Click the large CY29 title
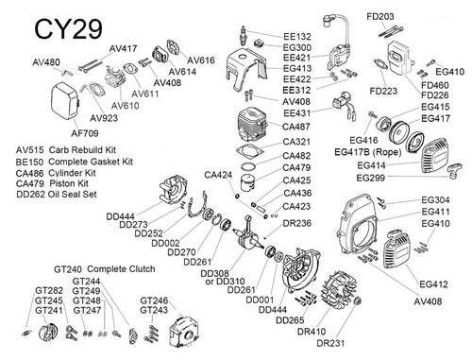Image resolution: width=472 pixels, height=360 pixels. pos(68,29)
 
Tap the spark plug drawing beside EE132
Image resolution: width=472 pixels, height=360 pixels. pos(244,36)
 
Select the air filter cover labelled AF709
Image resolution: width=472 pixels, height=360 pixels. pos(65,101)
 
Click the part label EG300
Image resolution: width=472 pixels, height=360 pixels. pos(297,47)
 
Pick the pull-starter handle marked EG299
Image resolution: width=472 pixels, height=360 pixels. pos(455,171)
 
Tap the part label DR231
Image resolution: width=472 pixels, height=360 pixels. pos(330,343)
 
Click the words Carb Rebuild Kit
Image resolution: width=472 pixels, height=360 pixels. pos(82,150)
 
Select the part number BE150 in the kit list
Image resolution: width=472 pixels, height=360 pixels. pos(29,163)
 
